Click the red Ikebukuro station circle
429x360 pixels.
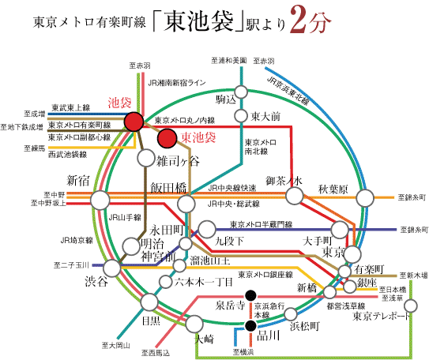click(134, 122)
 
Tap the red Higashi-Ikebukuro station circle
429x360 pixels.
click(167, 139)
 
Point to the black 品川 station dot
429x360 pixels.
click(250, 325)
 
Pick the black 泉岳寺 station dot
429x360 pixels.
click(250, 296)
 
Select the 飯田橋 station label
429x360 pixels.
click(168, 187)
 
